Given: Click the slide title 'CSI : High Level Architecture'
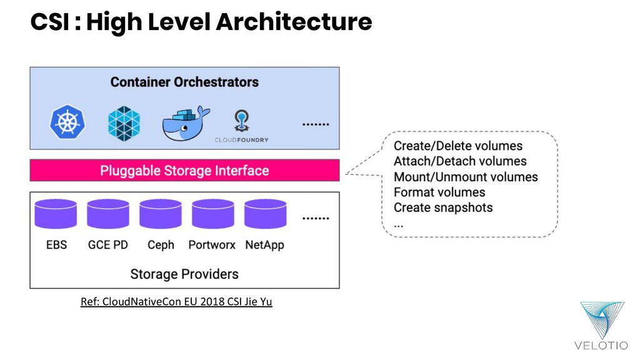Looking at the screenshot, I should pyautogui.click(x=201, y=22).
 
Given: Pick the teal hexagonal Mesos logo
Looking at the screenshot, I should pyautogui.click(x=124, y=121).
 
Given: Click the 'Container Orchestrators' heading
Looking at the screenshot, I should pyautogui.click(x=184, y=82).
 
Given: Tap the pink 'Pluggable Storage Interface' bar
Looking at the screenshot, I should pyautogui.click(x=184, y=171).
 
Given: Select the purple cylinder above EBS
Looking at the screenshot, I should pyautogui.click(x=56, y=214).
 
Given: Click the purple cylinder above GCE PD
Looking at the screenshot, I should pyautogui.click(x=108, y=214).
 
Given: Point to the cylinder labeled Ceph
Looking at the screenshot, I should pyautogui.click(x=161, y=214).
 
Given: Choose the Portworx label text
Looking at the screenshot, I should pyautogui.click(x=212, y=245).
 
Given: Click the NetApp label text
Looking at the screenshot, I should pyautogui.click(x=264, y=245).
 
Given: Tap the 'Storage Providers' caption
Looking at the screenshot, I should pyautogui.click(x=184, y=274).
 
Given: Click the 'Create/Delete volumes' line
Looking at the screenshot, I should pyautogui.click(x=457, y=146).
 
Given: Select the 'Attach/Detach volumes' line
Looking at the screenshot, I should pyautogui.click(x=460, y=161).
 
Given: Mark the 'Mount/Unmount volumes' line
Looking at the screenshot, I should pyautogui.click(x=466, y=177).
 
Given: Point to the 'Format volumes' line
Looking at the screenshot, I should pyautogui.click(x=439, y=192).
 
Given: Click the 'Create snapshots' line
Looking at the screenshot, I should pyautogui.click(x=443, y=207).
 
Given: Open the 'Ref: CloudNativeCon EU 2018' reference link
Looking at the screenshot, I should pyautogui.click(x=176, y=302).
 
